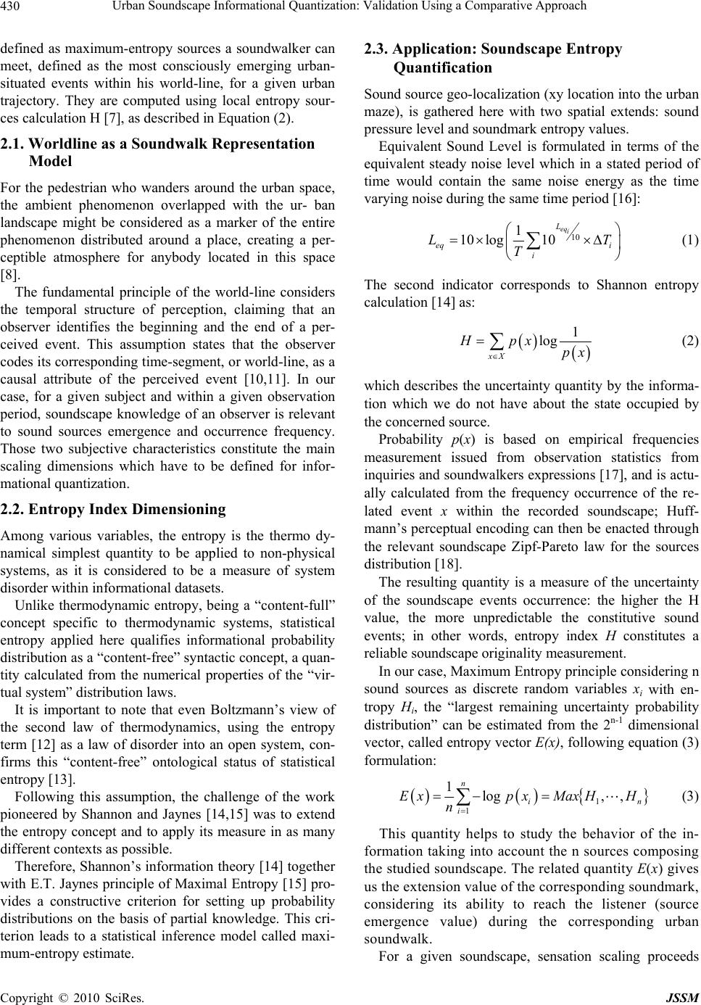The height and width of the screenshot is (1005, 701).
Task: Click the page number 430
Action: tap(12, 7)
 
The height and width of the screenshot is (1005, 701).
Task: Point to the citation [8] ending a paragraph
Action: tap(10, 276)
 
